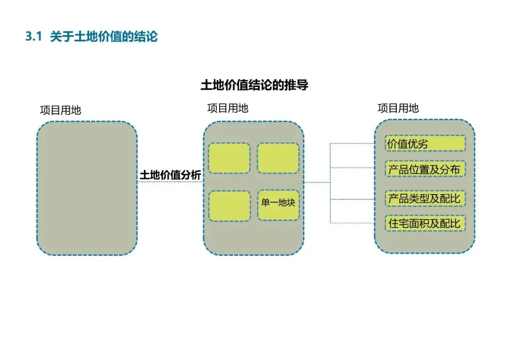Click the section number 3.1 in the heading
pyautogui.click(x=34, y=37)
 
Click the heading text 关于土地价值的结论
pyautogui.click(x=104, y=37)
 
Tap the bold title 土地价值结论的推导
pyautogui.click(x=254, y=85)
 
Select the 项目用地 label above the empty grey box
pyautogui.click(x=60, y=110)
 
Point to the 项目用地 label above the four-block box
pyautogui.click(x=228, y=108)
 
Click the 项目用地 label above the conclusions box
pyautogui.click(x=398, y=108)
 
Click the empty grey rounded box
pyautogui.click(x=87, y=188)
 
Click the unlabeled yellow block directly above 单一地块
pyautogui.click(x=278, y=158)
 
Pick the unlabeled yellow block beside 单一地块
pyautogui.click(x=229, y=205)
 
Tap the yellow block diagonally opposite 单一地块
pyautogui.click(x=229, y=158)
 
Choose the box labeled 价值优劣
pyautogui.click(x=425, y=144)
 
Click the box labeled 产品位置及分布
pyautogui.click(x=425, y=169)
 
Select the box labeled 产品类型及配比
pyautogui.click(x=425, y=198)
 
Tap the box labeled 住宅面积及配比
pyautogui.click(x=425, y=223)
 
